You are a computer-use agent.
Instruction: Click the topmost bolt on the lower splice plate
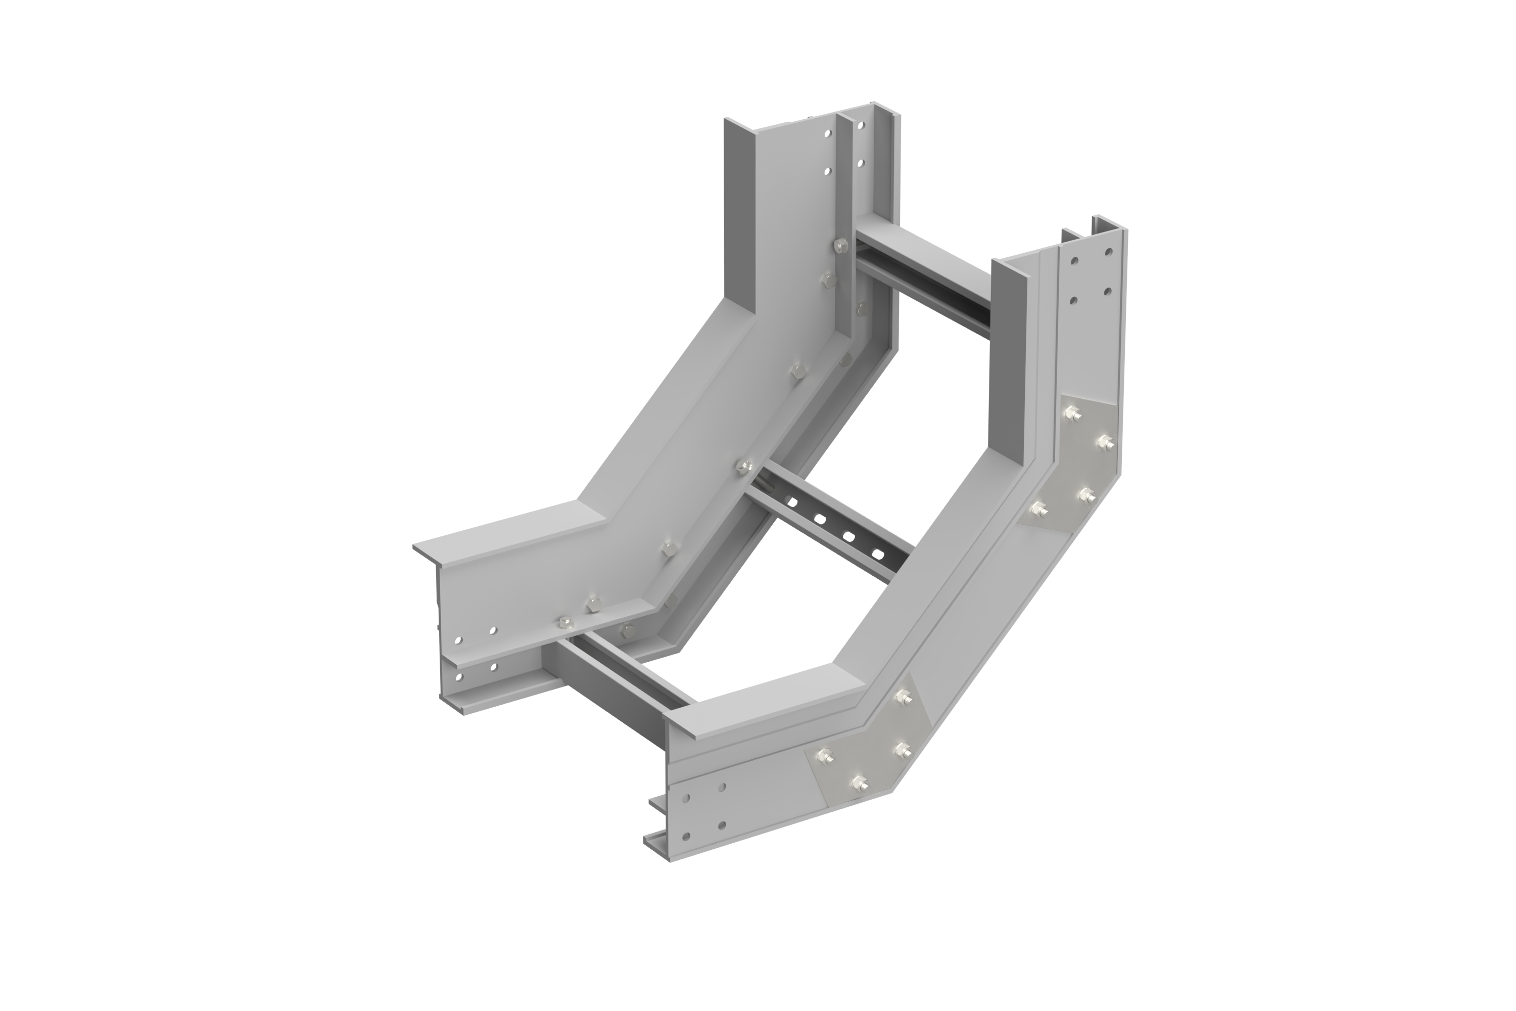pyautogui.click(x=902, y=698)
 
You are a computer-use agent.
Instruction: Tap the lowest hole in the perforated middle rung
pyautogui.click(x=875, y=553)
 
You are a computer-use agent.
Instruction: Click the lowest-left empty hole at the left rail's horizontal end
pyautogui.click(x=459, y=677)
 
